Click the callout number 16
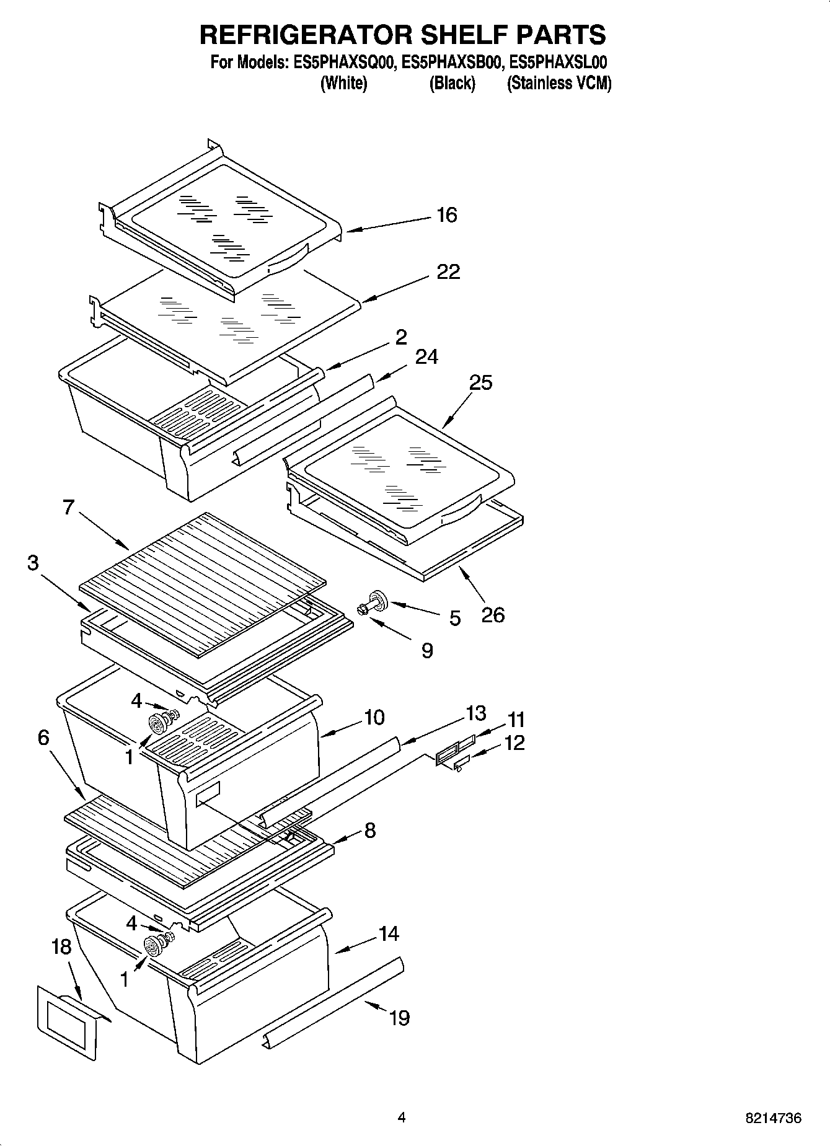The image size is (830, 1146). (x=446, y=215)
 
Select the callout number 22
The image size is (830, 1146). (x=448, y=271)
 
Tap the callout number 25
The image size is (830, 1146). (x=480, y=382)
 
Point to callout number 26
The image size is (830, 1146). (x=493, y=615)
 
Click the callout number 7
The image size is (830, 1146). (x=68, y=507)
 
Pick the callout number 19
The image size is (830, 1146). (x=400, y=1018)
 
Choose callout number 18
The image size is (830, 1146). (x=61, y=946)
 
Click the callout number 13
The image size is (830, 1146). (x=475, y=713)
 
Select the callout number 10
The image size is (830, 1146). (x=374, y=717)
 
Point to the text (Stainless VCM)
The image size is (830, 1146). (x=558, y=84)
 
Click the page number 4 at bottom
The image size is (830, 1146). (x=402, y=1117)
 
